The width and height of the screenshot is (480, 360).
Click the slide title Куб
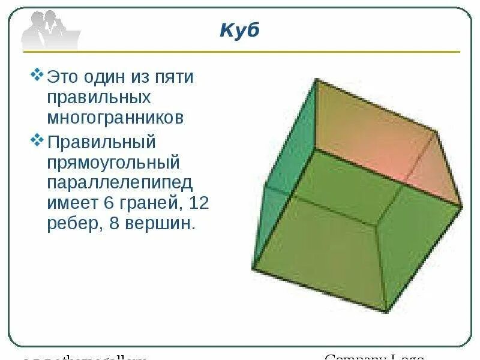[239, 31]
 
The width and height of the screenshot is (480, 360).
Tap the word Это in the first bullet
[63, 77]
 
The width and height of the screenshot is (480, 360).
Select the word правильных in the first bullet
[99, 97]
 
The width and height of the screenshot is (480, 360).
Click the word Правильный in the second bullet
[101, 143]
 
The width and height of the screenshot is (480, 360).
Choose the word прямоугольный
[113, 163]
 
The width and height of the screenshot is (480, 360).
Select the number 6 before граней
[109, 203]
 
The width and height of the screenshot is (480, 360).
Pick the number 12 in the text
[198, 203]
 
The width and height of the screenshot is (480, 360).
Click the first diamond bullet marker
[37, 76]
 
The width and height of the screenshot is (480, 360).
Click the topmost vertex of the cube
[316, 79]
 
